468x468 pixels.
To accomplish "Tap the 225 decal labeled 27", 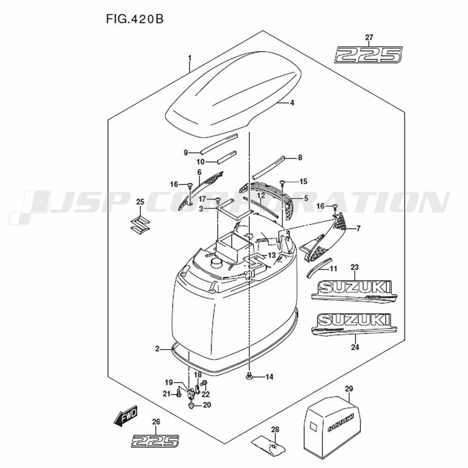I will tap(368, 54).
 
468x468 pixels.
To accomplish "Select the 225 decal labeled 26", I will tap(155, 440).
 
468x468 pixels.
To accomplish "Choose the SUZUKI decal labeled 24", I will tap(354, 323).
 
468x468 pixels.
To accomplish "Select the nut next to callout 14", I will tap(250, 376).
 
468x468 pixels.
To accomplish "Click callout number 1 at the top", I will tap(190, 58).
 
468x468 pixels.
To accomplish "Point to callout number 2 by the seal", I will tap(158, 349).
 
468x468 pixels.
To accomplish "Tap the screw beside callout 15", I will tap(283, 183).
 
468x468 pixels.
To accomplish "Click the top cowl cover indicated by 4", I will tap(234, 103).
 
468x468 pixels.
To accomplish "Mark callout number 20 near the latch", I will tap(207, 405).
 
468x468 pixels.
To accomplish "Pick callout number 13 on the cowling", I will tap(272, 255).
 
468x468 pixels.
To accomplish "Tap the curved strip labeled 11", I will tap(318, 268).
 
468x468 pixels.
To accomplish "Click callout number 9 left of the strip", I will tap(185, 153).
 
